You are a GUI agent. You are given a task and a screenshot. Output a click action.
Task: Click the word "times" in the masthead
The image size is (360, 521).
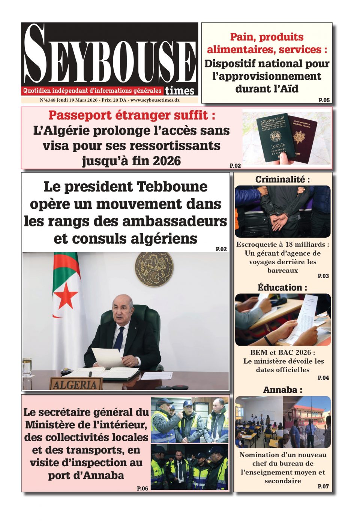click(x=180, y=91)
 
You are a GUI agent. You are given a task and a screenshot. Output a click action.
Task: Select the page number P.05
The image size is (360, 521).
click(x=324, y=100)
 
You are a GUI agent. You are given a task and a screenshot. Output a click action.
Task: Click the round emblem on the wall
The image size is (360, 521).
click(x=154, y=269)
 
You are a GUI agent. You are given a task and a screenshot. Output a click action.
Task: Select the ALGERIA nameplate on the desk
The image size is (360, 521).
click(x=75, y=384)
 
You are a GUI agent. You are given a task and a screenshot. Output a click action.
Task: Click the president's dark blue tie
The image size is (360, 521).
click(x=119, y=339)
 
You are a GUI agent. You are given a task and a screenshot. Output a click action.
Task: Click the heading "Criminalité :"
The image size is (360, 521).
click(x=282, y=180)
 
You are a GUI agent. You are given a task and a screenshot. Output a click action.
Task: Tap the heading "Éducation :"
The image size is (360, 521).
click(x=282, y=287)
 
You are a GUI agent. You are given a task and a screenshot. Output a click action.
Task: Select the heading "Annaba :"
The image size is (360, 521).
click(x=282, y=390)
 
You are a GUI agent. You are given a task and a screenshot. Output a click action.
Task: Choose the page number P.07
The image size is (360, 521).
click(x=323, y=486)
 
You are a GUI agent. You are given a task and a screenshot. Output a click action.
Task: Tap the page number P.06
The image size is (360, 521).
click(x=142, y=488)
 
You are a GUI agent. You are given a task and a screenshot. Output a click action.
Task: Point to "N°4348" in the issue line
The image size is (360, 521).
click(x=47, y=100)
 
